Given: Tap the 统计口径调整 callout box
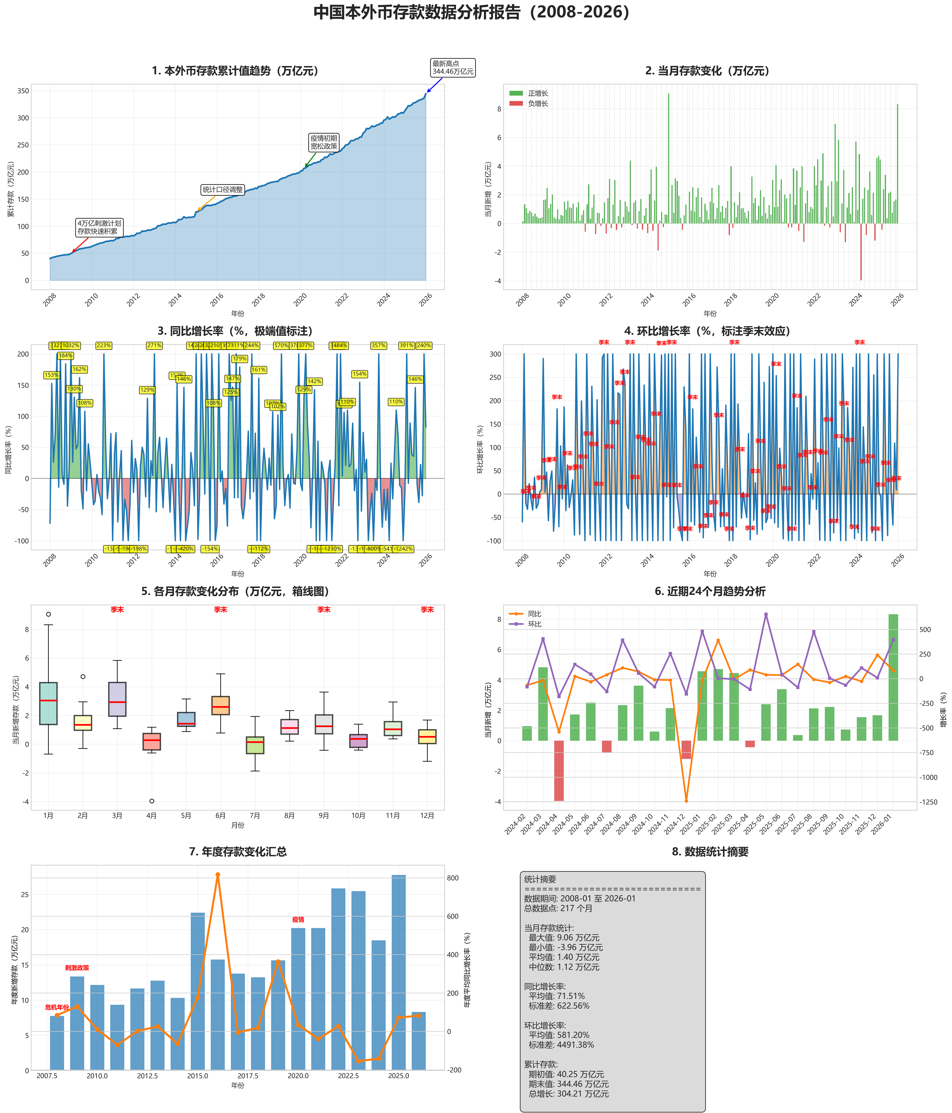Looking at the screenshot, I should tap(223, 190).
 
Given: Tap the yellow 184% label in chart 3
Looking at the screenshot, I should tap(66, 356).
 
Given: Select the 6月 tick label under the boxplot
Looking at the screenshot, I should tap(221, 815).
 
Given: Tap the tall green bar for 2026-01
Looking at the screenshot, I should tap(893, 677).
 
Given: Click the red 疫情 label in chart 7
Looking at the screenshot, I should tap(298, 920).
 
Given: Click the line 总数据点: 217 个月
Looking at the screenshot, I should tap(558, 908).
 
